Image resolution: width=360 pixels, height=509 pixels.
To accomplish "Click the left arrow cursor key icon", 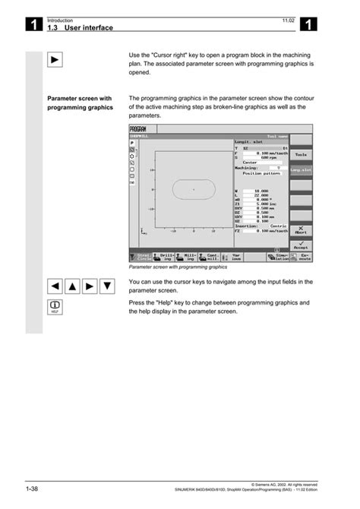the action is pos(55,286).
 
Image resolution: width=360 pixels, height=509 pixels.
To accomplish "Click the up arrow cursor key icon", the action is pos(73,286).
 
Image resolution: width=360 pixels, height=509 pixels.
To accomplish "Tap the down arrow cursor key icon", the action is pos(108,286).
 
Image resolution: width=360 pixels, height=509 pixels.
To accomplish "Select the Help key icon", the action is pos(55,306).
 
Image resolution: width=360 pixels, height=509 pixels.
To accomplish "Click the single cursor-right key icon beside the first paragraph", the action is pos(55,60).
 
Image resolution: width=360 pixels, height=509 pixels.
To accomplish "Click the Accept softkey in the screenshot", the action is pos(301,244).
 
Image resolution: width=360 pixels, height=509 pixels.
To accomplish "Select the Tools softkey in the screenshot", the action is pos(301,154).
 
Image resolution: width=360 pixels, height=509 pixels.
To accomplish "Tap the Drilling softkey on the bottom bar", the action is pos(165,258).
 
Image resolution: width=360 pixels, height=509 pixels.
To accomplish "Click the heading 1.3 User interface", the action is pos(80,27).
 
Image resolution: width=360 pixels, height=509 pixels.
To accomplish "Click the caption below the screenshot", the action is pos(178,267).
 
